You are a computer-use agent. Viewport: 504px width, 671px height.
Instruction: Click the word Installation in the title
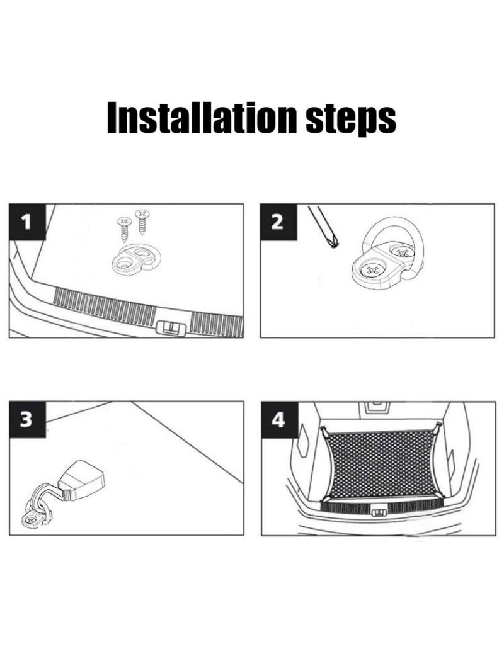[202, 118]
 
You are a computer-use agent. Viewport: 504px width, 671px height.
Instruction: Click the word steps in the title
[350, 120]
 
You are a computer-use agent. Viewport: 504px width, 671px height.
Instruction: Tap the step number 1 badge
[27, 222]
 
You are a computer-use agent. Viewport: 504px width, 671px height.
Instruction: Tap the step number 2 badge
[278, 222]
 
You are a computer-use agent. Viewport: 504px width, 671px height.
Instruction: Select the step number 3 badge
[27, 419]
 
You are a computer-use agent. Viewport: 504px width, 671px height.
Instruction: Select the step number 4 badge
[278, 420]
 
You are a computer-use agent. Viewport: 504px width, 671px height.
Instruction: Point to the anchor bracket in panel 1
[133, 259]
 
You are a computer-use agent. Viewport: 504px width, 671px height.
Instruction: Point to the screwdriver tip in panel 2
[334, 244]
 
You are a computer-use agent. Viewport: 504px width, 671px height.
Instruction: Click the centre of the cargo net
[384, 464]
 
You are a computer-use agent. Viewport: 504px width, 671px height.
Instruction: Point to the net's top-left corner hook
[325, 431]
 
